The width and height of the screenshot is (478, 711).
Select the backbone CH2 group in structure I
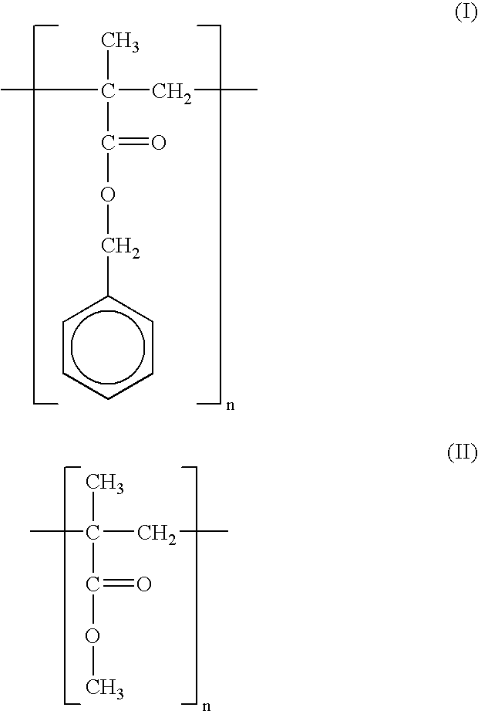coord(172,94)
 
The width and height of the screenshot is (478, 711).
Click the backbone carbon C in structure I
coord(108,91)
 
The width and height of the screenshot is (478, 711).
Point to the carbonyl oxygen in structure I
coord(158,143)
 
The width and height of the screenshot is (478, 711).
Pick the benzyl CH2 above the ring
coord(120,248)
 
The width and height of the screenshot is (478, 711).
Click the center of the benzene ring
coord(108,347)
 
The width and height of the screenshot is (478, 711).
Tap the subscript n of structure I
coord(230,405)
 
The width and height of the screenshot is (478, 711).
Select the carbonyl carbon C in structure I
coord(108,143)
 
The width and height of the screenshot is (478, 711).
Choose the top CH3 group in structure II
coord(105,483)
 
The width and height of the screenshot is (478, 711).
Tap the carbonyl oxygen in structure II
coord(143,584)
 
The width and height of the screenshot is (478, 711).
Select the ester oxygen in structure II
coord(93,635)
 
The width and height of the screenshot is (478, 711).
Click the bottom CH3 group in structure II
coord(105,689)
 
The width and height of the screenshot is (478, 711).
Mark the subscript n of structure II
coord(207,706)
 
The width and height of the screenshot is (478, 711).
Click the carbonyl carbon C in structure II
coord(93,584)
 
